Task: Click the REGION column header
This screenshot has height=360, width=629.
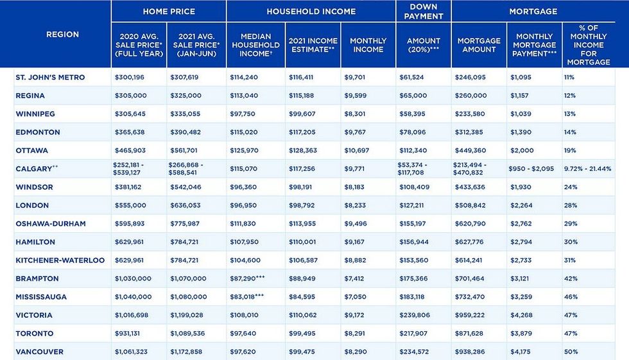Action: coord(62,34)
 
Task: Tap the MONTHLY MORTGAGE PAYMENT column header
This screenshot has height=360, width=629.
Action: coord(533,45)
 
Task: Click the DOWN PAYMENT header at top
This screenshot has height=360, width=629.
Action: coord(424,11)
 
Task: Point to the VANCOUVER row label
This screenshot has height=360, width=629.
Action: coord(39,352)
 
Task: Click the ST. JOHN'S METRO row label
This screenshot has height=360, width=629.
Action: coord(49,78)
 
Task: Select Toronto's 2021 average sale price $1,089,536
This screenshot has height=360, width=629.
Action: coord(188,334)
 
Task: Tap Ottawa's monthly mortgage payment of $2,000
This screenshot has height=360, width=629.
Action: coord(522,151)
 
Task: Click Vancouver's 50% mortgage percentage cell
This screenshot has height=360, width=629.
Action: coord(571,352)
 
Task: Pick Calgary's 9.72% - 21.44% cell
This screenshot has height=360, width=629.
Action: coord(590,169)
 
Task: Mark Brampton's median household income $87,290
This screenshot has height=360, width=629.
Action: coord(246,279)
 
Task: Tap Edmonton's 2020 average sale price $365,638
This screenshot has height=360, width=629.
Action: coord(133,132)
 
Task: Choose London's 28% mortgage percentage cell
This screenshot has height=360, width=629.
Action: coord(571,205)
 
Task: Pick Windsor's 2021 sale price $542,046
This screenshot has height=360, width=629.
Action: coord(185,187)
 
